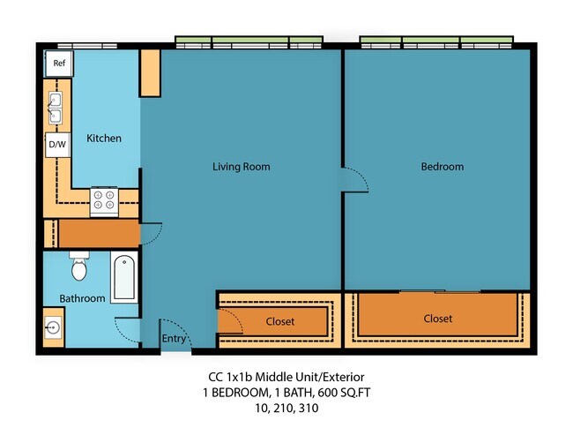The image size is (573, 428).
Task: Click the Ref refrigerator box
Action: coord(59,63)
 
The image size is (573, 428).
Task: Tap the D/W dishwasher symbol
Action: coord(56,144)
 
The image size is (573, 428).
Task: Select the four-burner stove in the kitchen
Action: coord(104,201)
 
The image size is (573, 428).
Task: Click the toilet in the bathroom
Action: coord(79,264)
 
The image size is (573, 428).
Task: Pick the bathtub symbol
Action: coord(124,277)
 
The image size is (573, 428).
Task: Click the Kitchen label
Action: coord(104,139)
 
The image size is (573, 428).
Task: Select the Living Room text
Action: coord(241,166)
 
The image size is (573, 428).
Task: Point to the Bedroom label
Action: coord(442,166)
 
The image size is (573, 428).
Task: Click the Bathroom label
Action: coord(82,298)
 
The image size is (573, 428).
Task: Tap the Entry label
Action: coord(174,338)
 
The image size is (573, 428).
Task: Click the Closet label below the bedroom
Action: coord(437,319)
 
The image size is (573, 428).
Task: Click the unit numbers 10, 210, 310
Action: coord(286,409)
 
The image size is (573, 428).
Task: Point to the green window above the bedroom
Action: coord(436,41)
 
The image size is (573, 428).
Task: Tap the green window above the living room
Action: coord(248,41)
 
